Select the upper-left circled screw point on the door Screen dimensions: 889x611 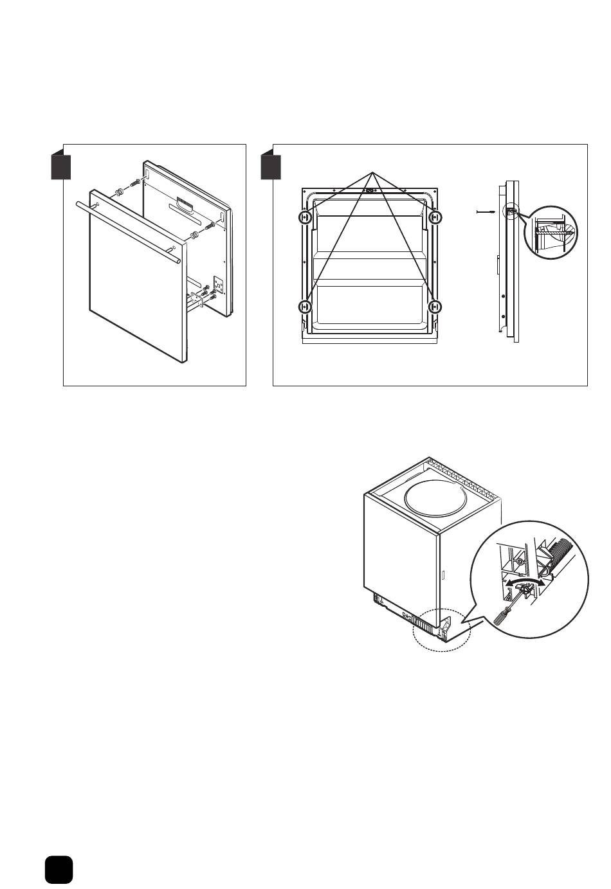click(305, 218)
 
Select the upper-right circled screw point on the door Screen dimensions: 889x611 click(435, 218)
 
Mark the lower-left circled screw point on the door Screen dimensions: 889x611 click(305, 307)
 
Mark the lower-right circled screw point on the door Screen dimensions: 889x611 click(435, 307)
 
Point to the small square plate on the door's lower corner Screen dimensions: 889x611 click(218, 283)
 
